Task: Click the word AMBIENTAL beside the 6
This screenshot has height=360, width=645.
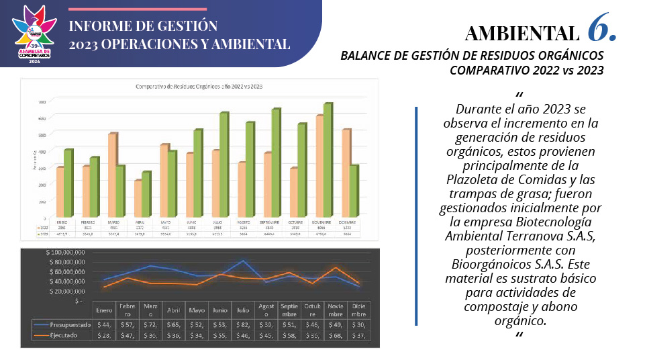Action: click(x=521, y=33)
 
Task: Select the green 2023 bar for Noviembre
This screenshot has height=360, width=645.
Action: click(x=328, y=160)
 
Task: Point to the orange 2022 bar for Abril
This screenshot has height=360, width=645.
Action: click(x=138, y=198)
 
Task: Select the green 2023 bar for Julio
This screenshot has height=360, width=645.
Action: click(x=224, y=165)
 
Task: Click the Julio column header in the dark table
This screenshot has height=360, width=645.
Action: click(x=243, y=310)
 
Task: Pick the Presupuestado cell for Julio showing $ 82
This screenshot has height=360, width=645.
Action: click(x=243, y=324)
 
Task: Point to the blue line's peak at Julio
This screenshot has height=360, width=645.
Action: click(x=243, y=261)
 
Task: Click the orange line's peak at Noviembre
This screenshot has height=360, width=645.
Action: click(x=336, y=268)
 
